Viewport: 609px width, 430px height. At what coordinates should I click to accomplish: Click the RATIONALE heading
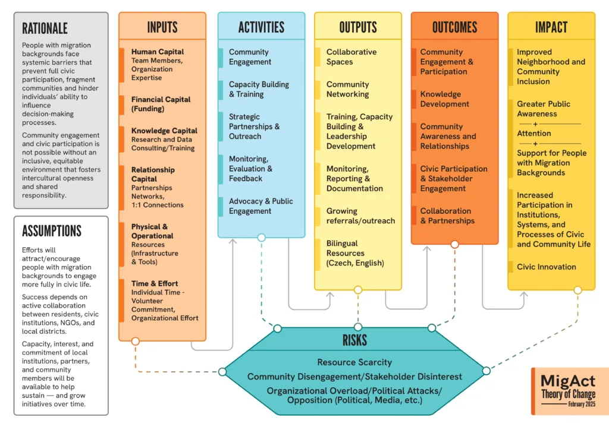coord(45,29)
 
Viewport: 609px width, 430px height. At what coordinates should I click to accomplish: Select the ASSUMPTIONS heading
coord(52,231)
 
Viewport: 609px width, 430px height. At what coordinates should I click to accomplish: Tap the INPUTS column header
coord(162,27)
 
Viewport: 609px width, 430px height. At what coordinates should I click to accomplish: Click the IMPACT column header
coord(551,27)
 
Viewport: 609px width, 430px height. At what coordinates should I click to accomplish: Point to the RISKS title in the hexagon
coord(354,340)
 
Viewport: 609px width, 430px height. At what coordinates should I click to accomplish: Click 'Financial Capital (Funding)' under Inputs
coord(161,104)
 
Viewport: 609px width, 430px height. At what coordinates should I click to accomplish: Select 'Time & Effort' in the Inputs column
coord(155,283)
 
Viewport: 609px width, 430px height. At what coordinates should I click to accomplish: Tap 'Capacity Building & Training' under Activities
coord(259,89)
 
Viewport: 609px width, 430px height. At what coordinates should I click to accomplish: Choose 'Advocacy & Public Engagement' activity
coord(260,206)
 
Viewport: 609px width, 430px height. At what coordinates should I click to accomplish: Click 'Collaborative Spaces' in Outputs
coord(351,56)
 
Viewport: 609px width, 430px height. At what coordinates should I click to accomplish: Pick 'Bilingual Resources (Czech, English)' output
coord(355,253)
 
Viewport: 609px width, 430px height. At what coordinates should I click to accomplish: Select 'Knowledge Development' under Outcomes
coord(444,99)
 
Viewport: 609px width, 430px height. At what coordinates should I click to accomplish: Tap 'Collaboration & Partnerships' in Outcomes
coord(447,216)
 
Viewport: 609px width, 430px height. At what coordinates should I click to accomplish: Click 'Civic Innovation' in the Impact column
coord(546,267)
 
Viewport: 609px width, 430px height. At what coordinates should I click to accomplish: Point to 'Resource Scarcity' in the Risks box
coord(354,362)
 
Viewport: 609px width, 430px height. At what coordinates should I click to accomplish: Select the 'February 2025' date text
coord(582,404)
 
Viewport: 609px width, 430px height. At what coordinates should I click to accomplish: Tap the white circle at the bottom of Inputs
coord(135,341)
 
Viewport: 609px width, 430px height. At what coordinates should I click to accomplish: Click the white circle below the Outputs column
coord(358,290)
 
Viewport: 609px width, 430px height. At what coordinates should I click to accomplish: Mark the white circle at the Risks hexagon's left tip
coord(222,372)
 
